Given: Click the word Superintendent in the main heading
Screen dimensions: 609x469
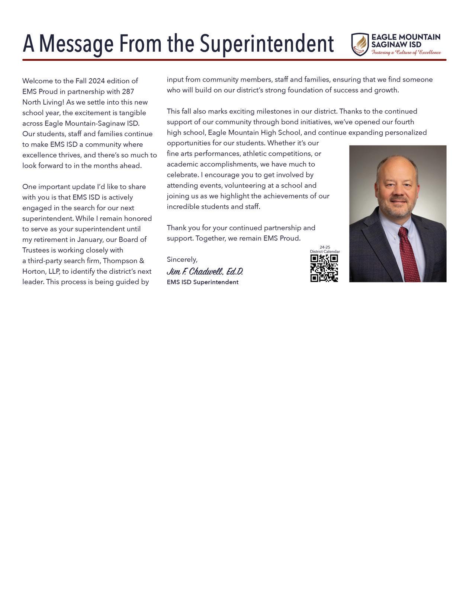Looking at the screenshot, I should (x=267, y=44).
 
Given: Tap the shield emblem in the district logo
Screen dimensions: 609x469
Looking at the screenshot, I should (x=360, y=45).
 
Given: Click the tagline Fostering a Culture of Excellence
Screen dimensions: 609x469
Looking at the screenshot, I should (x=406, y=52).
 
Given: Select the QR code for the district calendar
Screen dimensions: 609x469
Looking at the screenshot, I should (x=324, y=268).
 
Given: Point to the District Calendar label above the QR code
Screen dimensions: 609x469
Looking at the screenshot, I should (x=325, y=252).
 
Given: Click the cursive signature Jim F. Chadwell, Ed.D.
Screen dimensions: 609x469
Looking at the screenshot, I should (x=205, y=271).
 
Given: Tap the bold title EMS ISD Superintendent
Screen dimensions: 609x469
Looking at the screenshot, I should (x=202, y=282).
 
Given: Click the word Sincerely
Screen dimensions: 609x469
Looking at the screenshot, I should (x=182, y=259).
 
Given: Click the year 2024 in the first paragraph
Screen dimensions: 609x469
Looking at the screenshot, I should (x=97, y=81).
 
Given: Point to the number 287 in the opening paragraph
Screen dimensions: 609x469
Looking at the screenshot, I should (x=128, y=92).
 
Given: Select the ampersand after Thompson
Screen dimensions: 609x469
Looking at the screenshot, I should (x=142, y=261).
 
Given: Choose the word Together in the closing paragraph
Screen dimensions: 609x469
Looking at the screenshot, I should (x=211, y=238).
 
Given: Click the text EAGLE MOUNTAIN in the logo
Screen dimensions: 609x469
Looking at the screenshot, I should (x=406, y=37).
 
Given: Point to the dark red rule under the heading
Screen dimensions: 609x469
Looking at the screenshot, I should (x=234, y=60).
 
